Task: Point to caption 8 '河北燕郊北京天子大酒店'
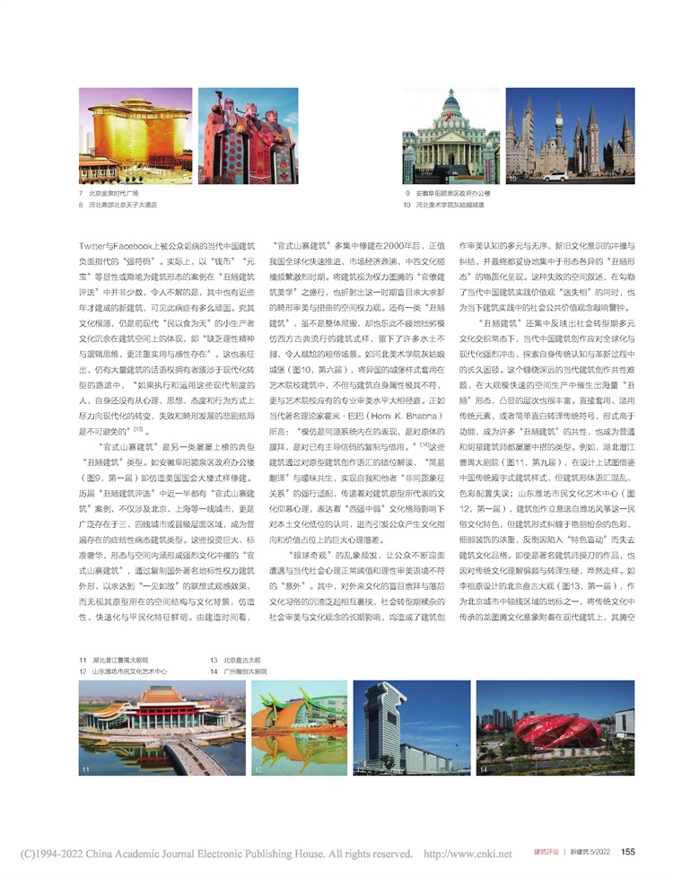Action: [x=126, y=205]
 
